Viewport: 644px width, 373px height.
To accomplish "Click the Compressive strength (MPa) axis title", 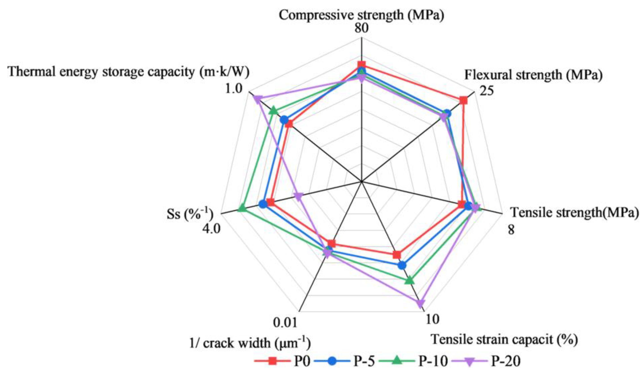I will [x=361, y=15].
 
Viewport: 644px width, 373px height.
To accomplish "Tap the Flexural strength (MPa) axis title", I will [x=533, y=75].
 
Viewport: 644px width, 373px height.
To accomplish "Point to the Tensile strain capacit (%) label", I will [x=504, y=340].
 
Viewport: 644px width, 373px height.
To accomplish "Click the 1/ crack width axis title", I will [x=250, y=343].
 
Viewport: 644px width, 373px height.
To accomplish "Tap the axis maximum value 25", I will [x=487, y=91].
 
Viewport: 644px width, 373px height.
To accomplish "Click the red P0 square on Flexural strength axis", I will [x=463, y=101].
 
